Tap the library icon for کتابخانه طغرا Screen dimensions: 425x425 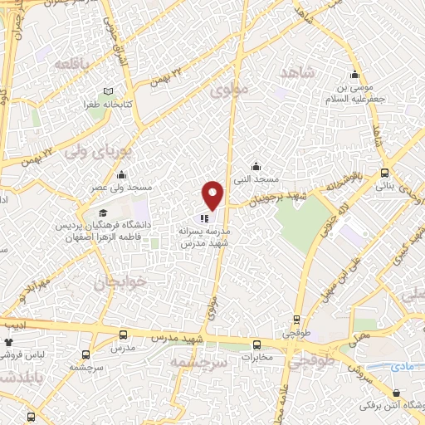click(108, 91)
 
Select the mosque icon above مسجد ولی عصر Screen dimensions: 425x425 click(122, 174)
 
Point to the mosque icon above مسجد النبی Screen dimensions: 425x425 click(256, 165)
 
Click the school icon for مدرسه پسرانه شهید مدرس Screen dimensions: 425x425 click(205, 220)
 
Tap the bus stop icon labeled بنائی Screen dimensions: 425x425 click(384, 173)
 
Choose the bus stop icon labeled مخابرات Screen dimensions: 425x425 click(256, 343)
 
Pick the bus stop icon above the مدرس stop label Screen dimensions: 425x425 click(124, 335)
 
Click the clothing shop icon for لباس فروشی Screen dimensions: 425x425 click(9, 340)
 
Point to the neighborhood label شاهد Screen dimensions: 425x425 click(300, 74)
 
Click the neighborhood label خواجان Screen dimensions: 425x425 click(122, 282)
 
